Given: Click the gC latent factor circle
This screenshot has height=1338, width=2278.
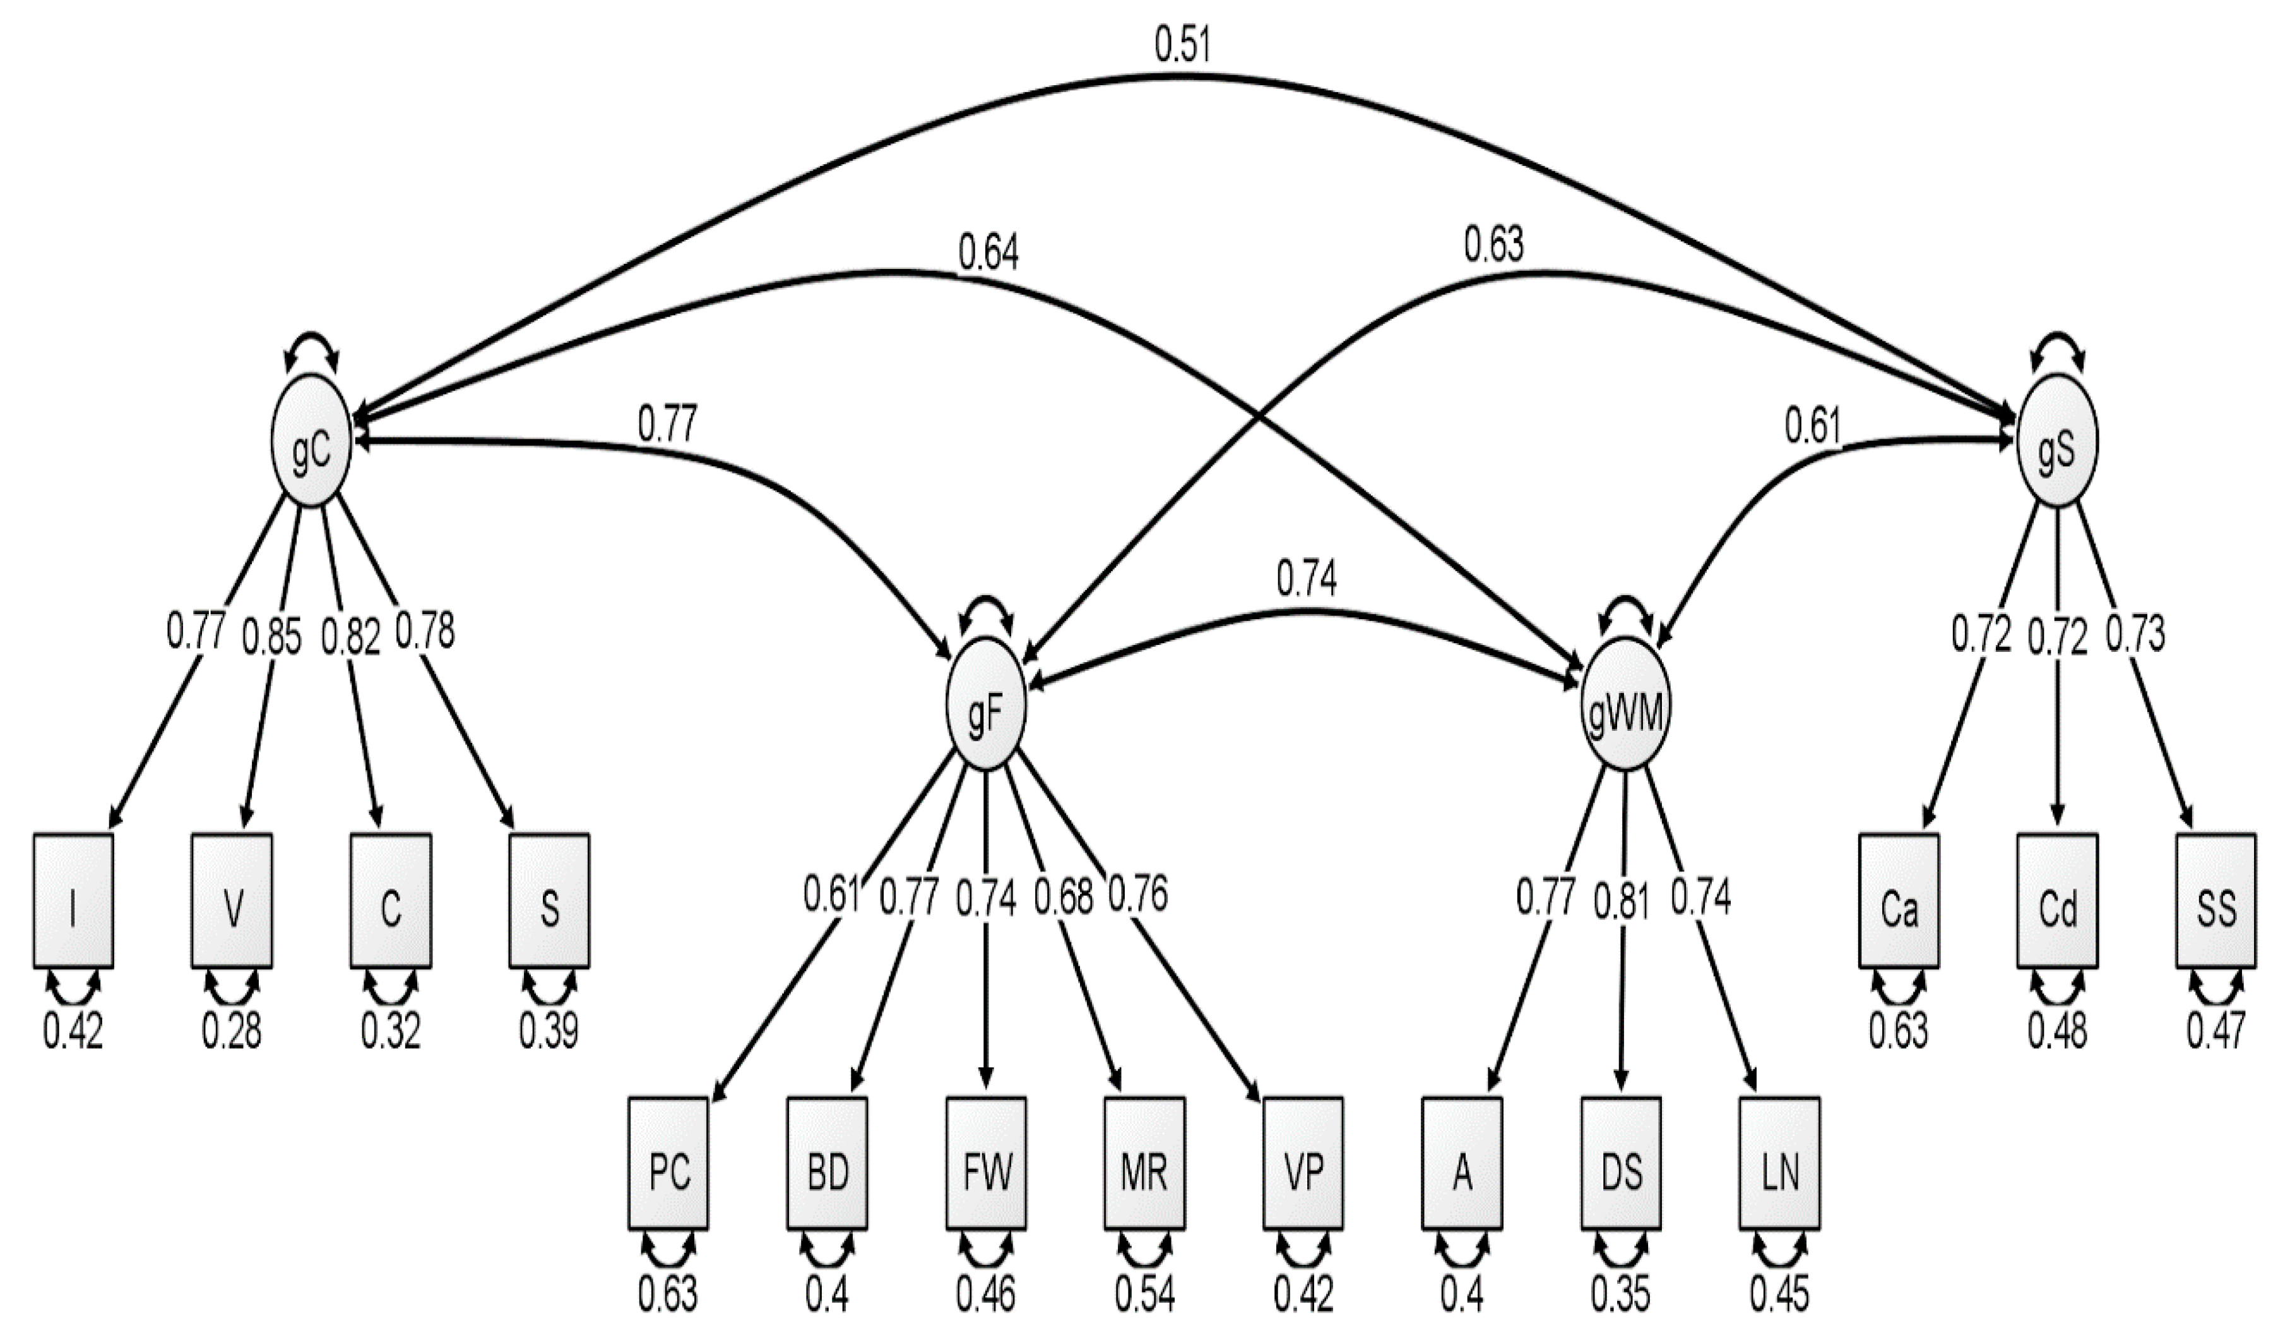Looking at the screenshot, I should (310, 441).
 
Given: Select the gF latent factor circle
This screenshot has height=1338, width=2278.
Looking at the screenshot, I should (985, 703).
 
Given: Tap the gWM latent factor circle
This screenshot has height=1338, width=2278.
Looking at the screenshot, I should (1626, 703).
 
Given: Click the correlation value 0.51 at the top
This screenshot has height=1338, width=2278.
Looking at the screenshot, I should (1182, 44).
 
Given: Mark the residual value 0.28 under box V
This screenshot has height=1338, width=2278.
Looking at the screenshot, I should (232, 1031).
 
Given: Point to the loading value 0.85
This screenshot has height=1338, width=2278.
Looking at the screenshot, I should (271, 637).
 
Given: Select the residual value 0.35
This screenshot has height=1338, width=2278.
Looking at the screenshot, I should (1621, 1294).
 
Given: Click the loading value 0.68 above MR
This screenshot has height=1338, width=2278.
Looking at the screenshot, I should (1064, 897).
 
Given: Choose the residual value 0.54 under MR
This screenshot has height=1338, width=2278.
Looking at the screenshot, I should (1144, 1294).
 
